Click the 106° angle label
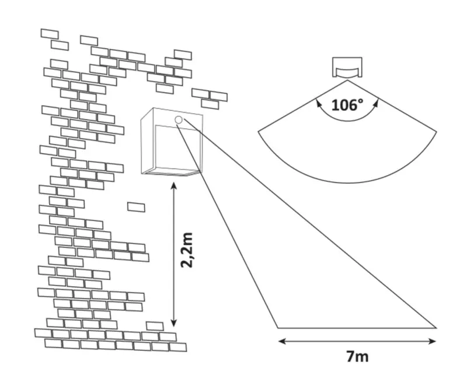point(347,106)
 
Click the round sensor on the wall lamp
point(179,120)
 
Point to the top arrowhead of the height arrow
point(173,185)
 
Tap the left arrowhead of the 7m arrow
point(280,341)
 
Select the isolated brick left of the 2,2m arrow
point(136,206)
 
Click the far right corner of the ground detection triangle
point(435,327)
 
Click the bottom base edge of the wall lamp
point(173,173)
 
